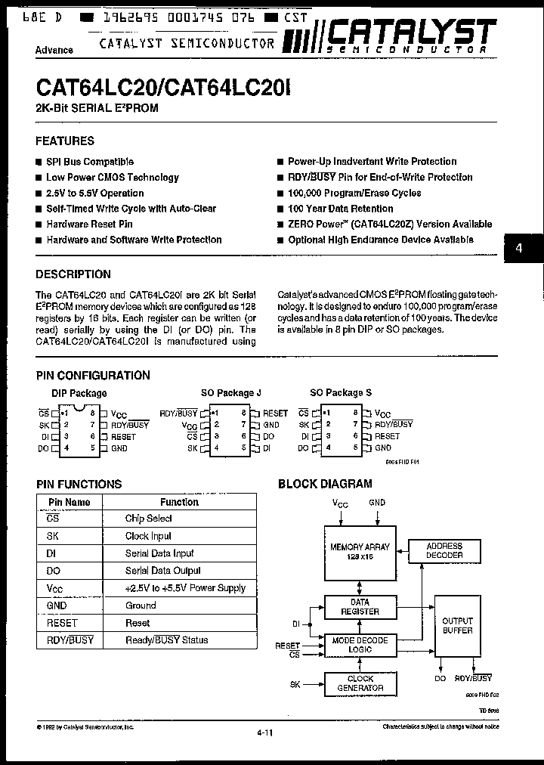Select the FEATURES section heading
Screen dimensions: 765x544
pyautogui.click(x=65, y=141)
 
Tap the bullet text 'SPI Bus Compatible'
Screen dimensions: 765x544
pyautogui.click(x=90, y=162)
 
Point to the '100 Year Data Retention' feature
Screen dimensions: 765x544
pyautogui.click(x=340, y=209)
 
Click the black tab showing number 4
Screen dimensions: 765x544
pyautogui.click(x=519, y=249)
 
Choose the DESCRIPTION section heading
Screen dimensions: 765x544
pyautogui.click(x=73, y=274)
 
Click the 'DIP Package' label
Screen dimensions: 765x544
pyautogui.click(x=79, y=393)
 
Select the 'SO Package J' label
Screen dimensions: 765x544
pyautogui.click(x=230, y=393)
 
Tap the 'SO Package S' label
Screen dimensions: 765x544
pyautogui.click(x=341, y=393)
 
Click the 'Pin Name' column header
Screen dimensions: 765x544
pyautogui.click(x=70, y=502)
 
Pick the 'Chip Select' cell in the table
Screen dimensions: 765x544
pyautogui.click(x=149, y=519)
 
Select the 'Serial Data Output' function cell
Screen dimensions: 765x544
pyautogui.click(x=163, y=571)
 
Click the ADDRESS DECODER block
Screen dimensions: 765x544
pyautogui.click(x=444, y=550)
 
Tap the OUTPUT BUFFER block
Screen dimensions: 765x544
pyautogui.click(x=457, y=626)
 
